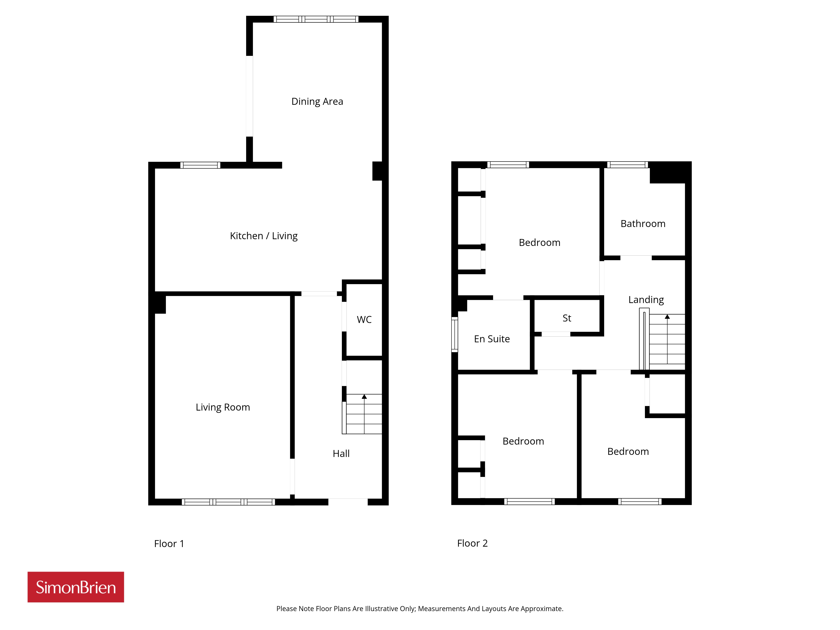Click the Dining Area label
317,101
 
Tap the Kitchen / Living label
264,236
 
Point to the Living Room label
223,407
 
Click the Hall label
341,453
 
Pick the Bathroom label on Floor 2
643,224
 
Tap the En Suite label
492,339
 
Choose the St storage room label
567,318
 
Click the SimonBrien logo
76,587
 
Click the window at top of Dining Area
316,19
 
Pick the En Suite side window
455,334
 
